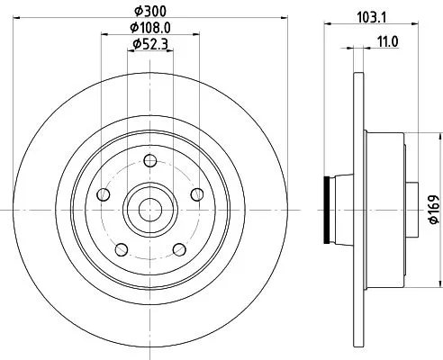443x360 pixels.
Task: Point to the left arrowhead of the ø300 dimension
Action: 21,19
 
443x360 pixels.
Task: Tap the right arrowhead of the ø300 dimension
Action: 276,19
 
